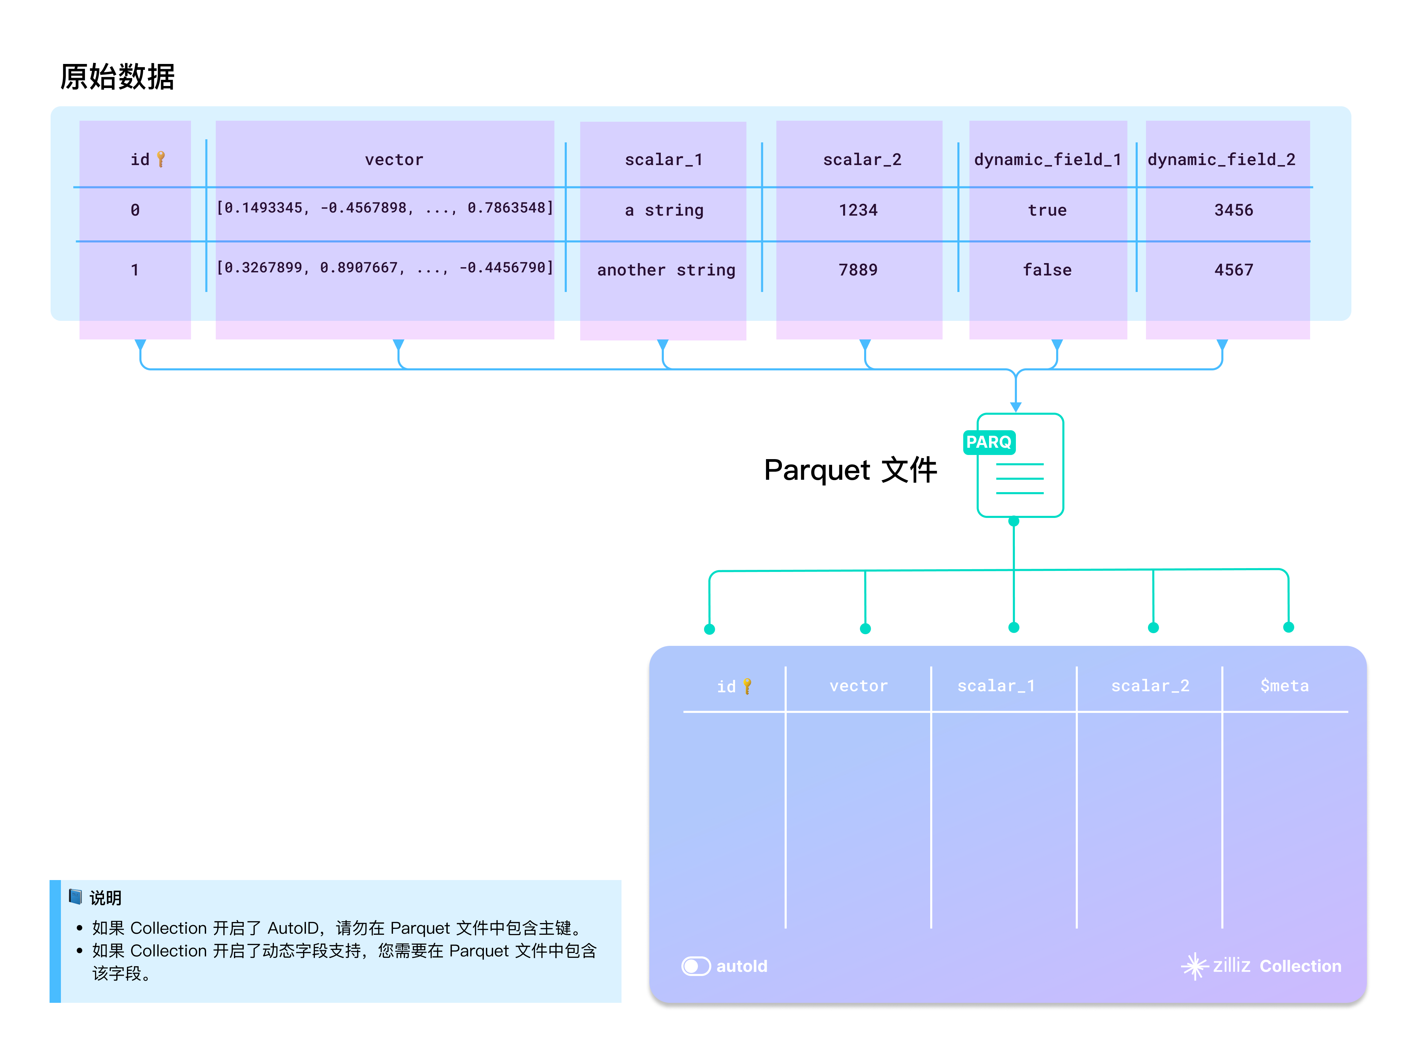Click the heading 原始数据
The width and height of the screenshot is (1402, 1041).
[117, 77]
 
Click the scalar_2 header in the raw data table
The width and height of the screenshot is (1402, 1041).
[862, 160]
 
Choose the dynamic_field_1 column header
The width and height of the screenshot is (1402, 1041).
[1047, 160]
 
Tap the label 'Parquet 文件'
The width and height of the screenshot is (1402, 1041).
[850, 470]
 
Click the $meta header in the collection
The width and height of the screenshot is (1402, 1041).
[1284, 686]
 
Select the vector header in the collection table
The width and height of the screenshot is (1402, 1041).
[858, 686]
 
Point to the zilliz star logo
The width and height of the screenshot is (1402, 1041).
[1193, 965]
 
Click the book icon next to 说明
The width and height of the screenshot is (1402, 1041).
[75, 896]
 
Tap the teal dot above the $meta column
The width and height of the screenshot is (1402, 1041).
[1288, 627]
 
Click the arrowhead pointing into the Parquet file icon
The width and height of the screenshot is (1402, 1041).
[1015, 407]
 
